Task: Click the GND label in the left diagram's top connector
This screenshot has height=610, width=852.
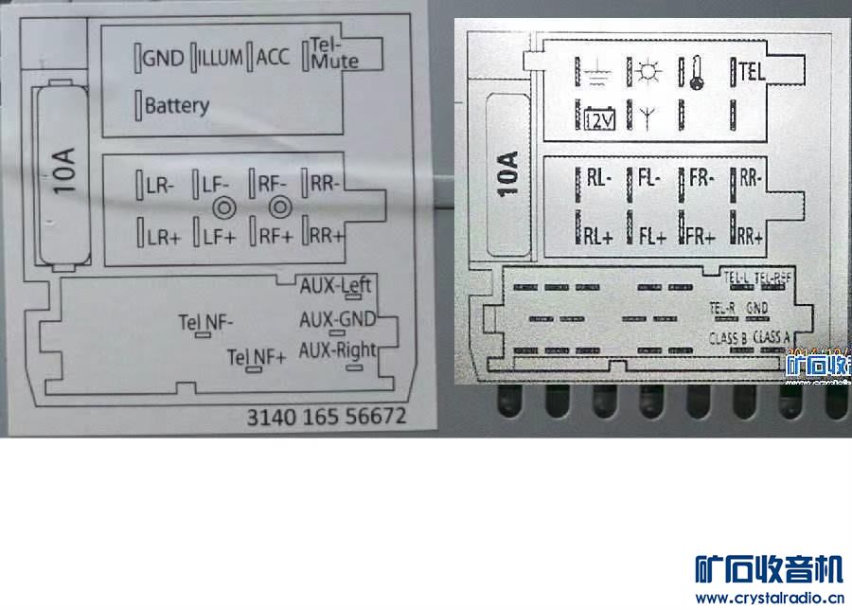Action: click(x=162, y=58)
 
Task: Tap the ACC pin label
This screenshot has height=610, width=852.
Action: click(x=273, y=58)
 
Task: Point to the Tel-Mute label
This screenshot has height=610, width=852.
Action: click(x=333, y=53)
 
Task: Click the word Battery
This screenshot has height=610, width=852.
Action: click(x=176, y=104)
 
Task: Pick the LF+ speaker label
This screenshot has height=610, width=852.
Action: click(x=219, y=236)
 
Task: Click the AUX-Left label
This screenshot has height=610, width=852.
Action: click(x=336, y=285)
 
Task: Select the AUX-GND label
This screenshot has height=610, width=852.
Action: click(x=337, y=318)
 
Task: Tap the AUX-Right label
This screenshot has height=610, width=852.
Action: click(x=337, y=350)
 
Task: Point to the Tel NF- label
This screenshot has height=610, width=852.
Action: click(x=205, y=322)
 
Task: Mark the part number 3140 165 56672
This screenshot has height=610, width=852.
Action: click(x=326, y=417)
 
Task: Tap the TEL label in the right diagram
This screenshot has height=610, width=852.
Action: click(x=751, y=71)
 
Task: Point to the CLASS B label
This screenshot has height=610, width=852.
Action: click(x=728, y=338)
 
